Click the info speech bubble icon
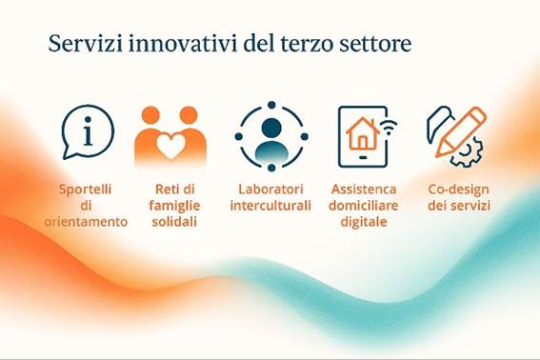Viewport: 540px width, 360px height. coord(87,131)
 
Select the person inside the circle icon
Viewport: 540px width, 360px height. coord(271,138)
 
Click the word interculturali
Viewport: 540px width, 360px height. coord(271,205)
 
